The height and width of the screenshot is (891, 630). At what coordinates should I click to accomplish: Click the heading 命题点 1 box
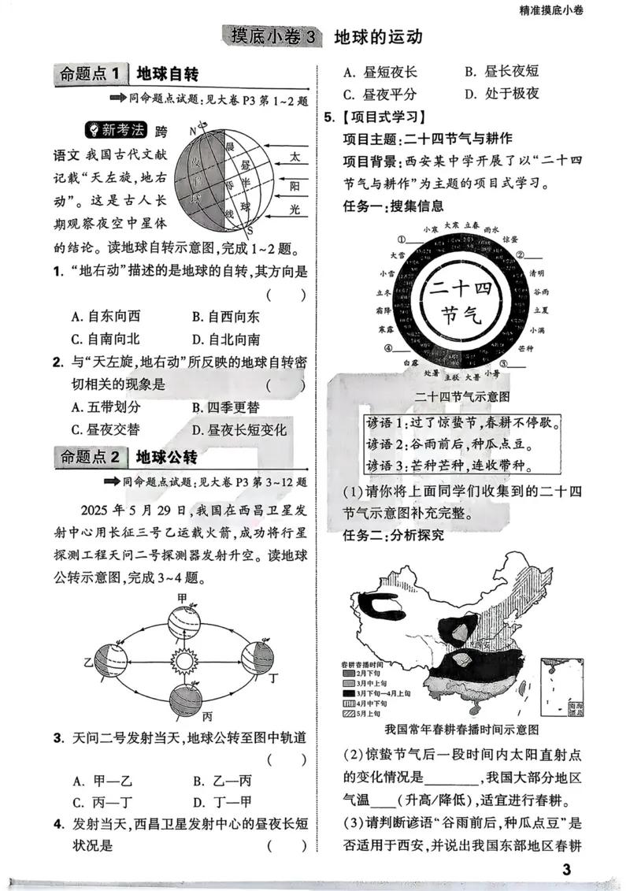pyautogui.click(x=91, y=75)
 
